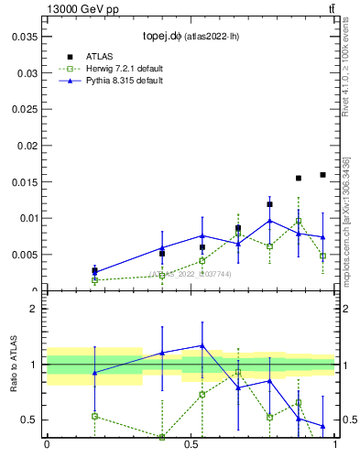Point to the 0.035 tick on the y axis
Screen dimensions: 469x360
pos(25,37)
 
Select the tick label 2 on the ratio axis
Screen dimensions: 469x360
pos(32,309)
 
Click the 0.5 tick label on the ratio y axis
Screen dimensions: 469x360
pos(27,420)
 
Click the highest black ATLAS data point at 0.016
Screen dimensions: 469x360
pos(322,174)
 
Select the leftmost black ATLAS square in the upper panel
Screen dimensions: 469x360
pos(94,270)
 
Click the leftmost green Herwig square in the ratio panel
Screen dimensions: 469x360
pos(94,416)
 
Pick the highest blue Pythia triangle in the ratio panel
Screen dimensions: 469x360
pos(202,345)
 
